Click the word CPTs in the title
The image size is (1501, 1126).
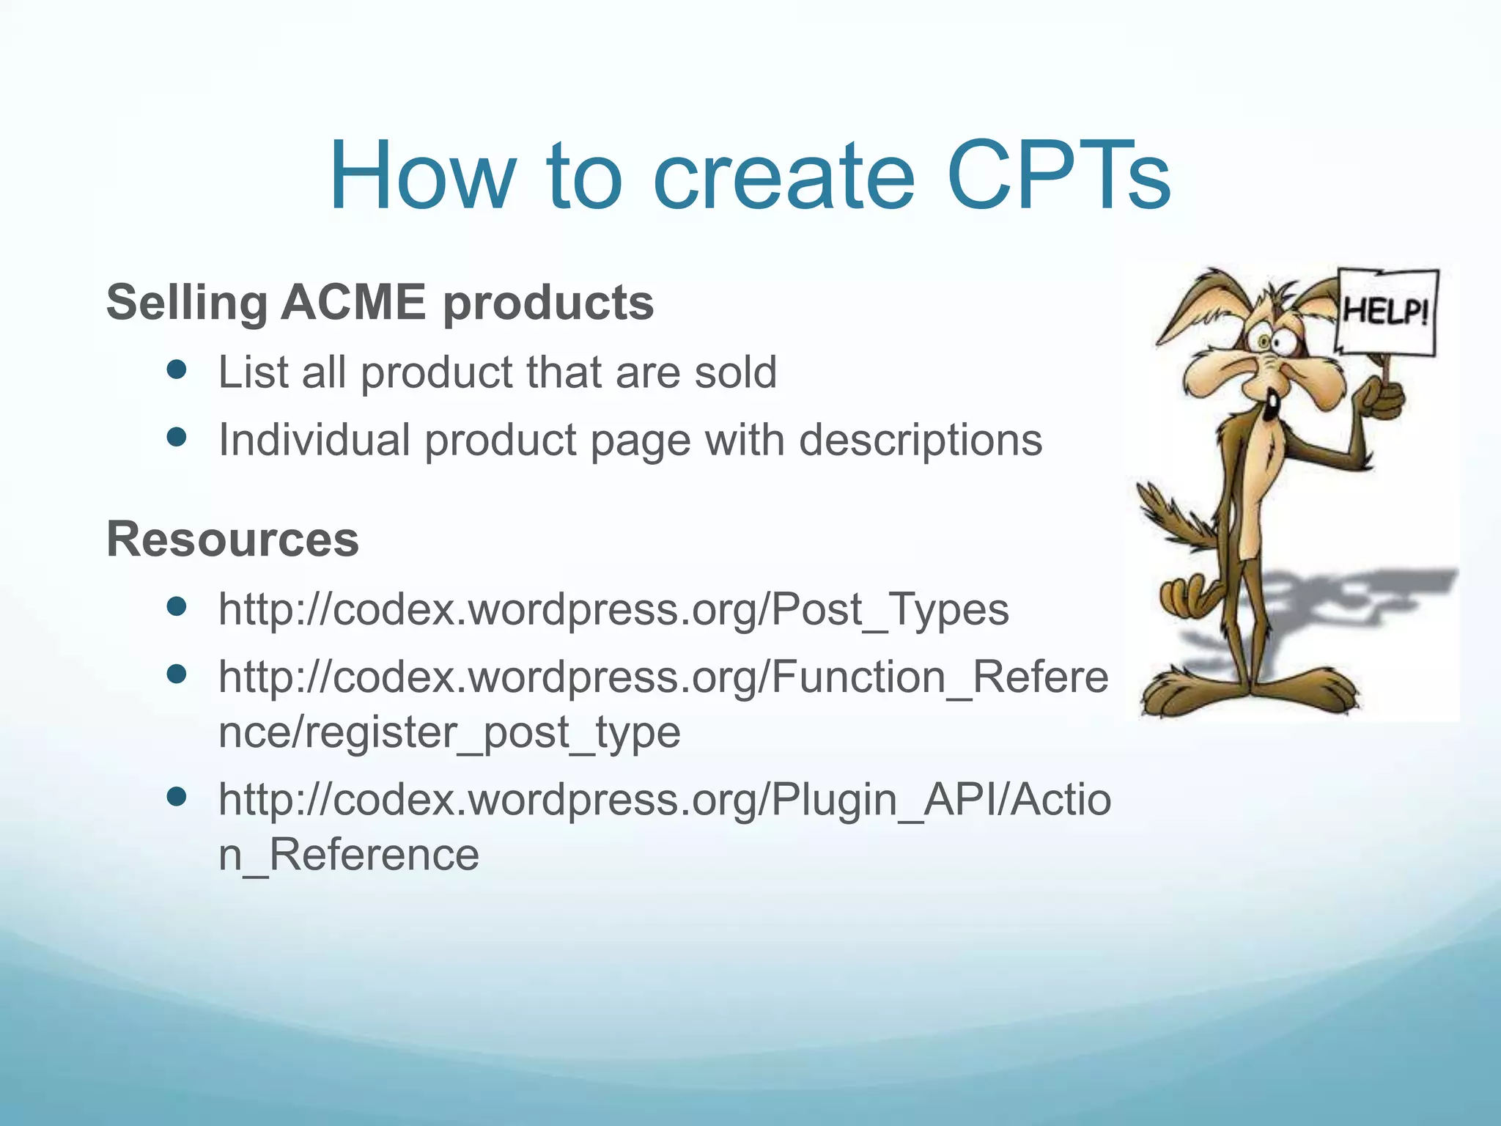coord(1058,176)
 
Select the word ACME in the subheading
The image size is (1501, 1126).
coord(353,302)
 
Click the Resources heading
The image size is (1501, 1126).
coord(232,539)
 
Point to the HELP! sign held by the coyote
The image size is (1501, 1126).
coord(1386,312)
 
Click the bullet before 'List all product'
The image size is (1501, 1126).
coord(177,369)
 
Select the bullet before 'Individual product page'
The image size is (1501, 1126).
coord(177,438)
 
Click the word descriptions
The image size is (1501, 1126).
coord(920,440)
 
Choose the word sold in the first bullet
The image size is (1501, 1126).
coord(735,372)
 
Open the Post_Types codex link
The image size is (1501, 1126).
coord(613,608)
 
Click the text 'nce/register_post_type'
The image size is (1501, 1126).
coord(449,732)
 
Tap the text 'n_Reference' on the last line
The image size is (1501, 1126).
coord(349,855)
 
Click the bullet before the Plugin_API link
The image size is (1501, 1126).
coord(177,797)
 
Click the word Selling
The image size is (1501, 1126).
coord(186,302)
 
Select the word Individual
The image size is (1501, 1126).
coord(314,440)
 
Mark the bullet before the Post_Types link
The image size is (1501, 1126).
coord(177,606)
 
